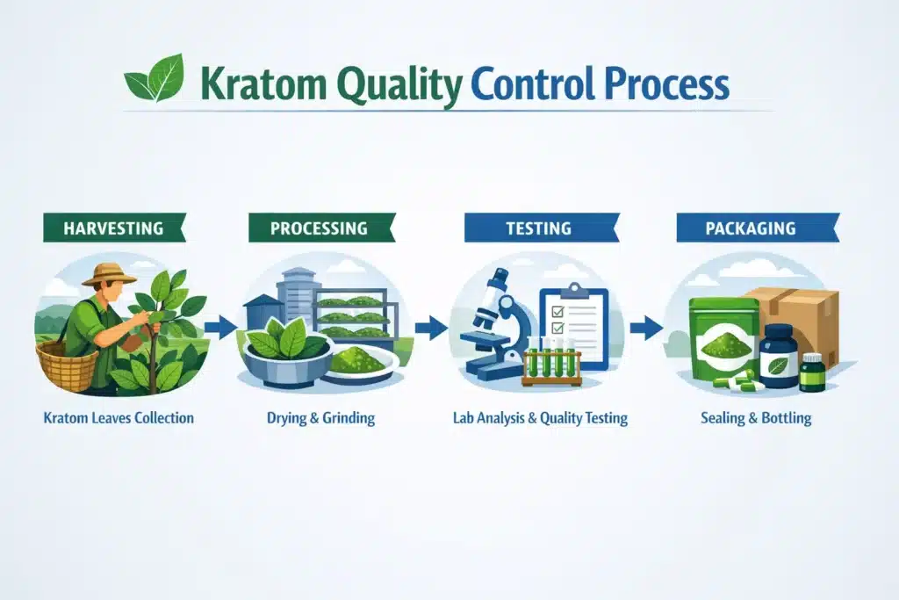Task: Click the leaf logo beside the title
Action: [x=155, y=79]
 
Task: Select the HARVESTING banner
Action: [x=113, y=228]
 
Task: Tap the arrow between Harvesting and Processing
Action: [x=221, y=328]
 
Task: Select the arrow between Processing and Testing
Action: [x=430, y=329]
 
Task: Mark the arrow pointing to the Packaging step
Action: [x=646, y=329]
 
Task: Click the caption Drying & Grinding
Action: [x=320, y=418]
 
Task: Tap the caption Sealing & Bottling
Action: [x=756, y=418]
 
